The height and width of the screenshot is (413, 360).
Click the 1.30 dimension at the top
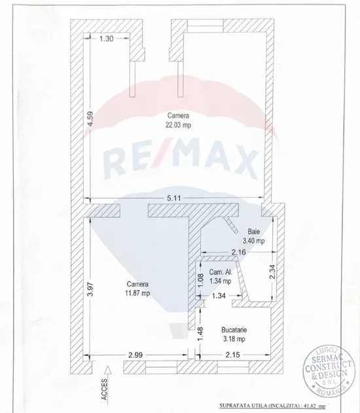(x=107, y=39)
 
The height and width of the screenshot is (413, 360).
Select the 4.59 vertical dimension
(x=90, y=118)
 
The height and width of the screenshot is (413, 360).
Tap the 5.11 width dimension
(x=174, y=198)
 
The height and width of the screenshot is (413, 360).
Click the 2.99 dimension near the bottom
(x=135, y=355)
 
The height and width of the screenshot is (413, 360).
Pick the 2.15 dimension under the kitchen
(x=233, y=355)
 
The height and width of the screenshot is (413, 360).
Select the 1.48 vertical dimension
(x=200, y=333)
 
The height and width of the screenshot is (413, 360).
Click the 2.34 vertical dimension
(x=272, y=272)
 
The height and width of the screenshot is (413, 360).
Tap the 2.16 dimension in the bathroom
(x=239, y=253)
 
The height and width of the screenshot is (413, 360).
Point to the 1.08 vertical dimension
(x=200, y=281)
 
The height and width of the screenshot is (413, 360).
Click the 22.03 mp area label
(x=178, y=125)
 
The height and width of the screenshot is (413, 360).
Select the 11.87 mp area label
(x=137, y=293)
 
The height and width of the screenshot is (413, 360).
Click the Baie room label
(x=253, y=232)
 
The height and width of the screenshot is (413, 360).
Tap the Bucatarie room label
(x=234, y=330)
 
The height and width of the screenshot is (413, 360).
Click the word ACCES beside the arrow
(x=104, y=389)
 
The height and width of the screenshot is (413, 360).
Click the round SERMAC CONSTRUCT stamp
(x=328, y=370)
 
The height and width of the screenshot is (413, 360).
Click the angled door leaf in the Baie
(x=232, y=225)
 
